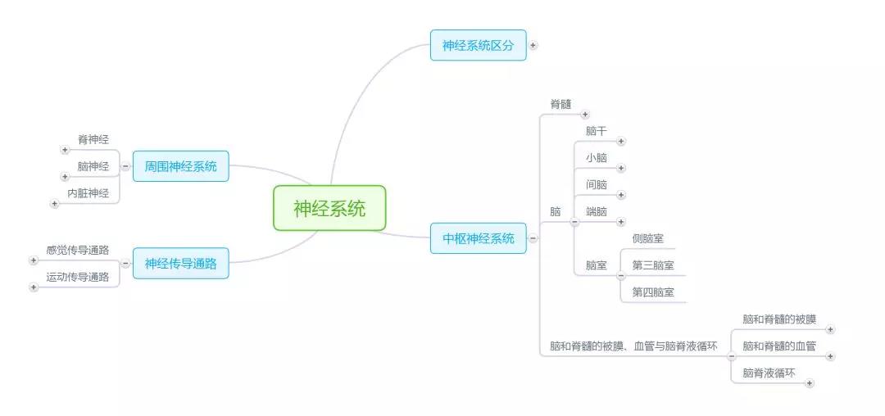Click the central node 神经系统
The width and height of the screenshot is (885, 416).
[x=329, y=208]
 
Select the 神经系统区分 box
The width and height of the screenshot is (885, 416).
[x=479, y=45]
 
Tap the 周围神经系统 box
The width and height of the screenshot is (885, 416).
[x=180, y=166]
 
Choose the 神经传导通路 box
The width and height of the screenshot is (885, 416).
[x=180, y=264]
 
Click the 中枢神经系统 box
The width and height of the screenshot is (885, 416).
[x=479, y=238]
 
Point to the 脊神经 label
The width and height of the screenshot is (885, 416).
[x=93, y=140]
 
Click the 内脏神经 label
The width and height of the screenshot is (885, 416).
[x=88, y=193]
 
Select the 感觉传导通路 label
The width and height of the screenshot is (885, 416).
[x=78, y=250]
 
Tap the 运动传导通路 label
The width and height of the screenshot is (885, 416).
[x=78, y=277]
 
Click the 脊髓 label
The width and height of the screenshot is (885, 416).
[x=560, y=104]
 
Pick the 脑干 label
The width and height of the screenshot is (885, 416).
[x=597, y=131]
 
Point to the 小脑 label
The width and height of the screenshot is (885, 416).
[x=597, y=158]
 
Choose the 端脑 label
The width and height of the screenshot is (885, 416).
[x=597, y=211]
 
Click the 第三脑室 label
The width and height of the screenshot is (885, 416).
[x=653, y=265]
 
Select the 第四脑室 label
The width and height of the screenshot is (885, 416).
[x=653, y=292]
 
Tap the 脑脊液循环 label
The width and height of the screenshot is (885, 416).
[x=769, y=373]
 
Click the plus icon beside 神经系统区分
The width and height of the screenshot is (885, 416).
[x=533, y=45]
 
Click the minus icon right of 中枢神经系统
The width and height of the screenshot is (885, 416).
[x=533, y=238]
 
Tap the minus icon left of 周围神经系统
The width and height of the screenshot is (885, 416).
[x=125, y=166]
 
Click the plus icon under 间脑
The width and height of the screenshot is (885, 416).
[x=621, y=195]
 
